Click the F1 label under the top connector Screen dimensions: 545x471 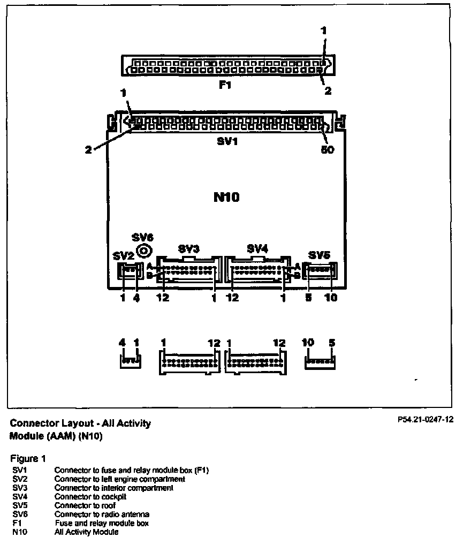pyautogui.click(x=225, y=84)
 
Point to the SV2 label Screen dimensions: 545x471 pyautogui.click(x=124, y=256)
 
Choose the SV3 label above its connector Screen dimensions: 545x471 pyautogui.click(x=188, y=249)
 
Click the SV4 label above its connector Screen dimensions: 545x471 pyautogui.click(x=257, y=248)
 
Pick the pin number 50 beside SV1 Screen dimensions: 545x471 pyautogui.click(x=327, y=150)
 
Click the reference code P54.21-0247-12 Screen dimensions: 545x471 pyautogui.click(x=425, y=420)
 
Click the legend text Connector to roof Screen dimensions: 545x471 pyautogui.click(x=85, y=505)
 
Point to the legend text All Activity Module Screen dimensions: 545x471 pyautogui.click(x=86, y=532)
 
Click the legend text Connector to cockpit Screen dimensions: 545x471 pyautogui.click(x=90, y=497)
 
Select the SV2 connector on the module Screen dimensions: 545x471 pyautogui.click(x=131, y=272)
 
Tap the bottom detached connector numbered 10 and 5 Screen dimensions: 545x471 pyautogui.click(x=320, y=362)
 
